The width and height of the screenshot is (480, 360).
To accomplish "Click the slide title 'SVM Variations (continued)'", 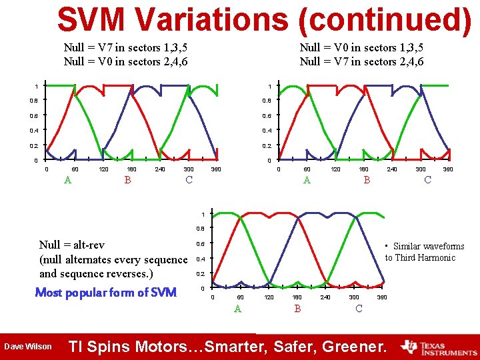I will tap(264, 19).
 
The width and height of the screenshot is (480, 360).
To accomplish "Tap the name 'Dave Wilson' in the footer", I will tap(28, 347).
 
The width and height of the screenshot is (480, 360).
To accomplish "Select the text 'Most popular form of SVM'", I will tap(105, 292).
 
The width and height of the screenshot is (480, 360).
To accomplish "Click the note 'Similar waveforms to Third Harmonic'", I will tap(424, 252).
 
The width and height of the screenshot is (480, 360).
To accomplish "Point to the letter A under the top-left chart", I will tap(67, 179).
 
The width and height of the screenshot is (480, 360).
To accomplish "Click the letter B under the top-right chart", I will tap(366, 179).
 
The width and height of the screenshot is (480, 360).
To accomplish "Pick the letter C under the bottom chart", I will tap(359, 308).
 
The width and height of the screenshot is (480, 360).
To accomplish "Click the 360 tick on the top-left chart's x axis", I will tap(215, 170).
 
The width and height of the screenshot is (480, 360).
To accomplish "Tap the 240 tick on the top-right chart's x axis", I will tap(392, 170).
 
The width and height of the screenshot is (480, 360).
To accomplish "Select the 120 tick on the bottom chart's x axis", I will tap(269, 297).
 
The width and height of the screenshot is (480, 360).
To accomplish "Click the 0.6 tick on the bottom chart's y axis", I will tap(200, 244).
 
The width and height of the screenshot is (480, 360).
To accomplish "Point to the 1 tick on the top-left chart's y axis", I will tap(37, 86).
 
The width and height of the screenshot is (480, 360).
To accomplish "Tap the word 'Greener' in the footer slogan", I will tap(353, 347).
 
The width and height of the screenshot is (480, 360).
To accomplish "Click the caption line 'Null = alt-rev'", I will tap(72, 245).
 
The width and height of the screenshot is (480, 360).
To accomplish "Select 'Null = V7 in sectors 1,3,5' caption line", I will tap(125, 47).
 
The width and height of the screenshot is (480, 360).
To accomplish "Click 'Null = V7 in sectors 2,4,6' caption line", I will tap(361, 62).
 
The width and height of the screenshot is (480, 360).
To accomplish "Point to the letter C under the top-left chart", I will tap(189, 179).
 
